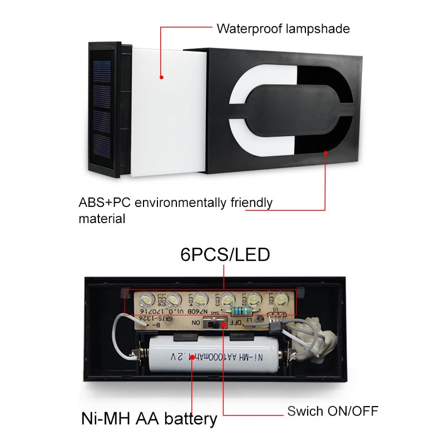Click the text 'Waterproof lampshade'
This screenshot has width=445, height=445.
coord(283,28)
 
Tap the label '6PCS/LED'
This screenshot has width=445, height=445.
coord(225,254)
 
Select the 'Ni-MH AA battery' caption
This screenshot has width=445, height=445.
coord(149,418)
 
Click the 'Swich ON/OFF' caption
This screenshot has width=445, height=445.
coord(333,412)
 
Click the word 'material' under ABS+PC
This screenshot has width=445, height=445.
coord(101,219)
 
